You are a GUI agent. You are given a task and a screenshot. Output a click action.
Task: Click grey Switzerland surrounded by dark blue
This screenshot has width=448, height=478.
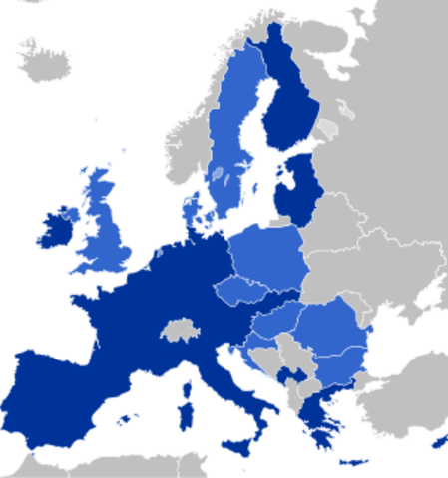click(179, 330)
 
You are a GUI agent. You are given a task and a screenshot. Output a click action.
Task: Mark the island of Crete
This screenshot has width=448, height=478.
click(353, 462)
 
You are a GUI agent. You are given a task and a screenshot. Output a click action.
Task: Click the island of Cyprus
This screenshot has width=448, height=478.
click(438, 439)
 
